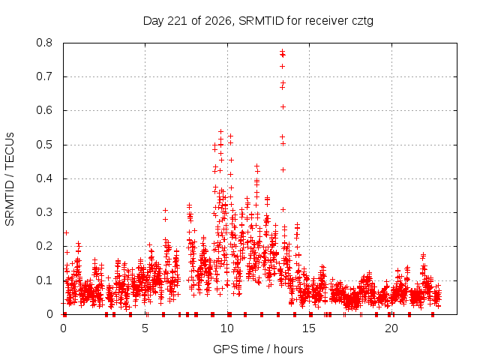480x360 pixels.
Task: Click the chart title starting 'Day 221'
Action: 258,21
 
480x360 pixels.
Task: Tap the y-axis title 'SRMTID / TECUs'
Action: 10,179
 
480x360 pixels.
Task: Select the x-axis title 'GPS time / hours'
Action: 258,349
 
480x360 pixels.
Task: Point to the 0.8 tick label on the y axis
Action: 44,43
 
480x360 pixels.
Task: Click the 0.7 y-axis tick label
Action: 44,76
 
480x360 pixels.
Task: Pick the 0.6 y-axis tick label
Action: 44,110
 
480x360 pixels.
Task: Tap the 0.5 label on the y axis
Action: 44,145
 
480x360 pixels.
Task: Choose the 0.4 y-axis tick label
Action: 44,178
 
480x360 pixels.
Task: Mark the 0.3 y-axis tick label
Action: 44,212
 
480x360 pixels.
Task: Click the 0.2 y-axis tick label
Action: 44,246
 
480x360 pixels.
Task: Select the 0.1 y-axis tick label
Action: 44,280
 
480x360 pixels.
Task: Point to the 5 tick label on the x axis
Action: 145,328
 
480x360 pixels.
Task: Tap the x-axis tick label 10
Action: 227,328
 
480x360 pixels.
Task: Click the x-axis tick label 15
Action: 309,328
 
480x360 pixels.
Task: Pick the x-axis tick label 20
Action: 391,328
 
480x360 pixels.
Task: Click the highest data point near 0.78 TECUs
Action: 282,51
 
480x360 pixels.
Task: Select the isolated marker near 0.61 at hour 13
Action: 283,106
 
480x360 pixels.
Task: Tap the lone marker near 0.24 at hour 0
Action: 66,232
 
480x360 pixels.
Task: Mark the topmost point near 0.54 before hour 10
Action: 220,132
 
